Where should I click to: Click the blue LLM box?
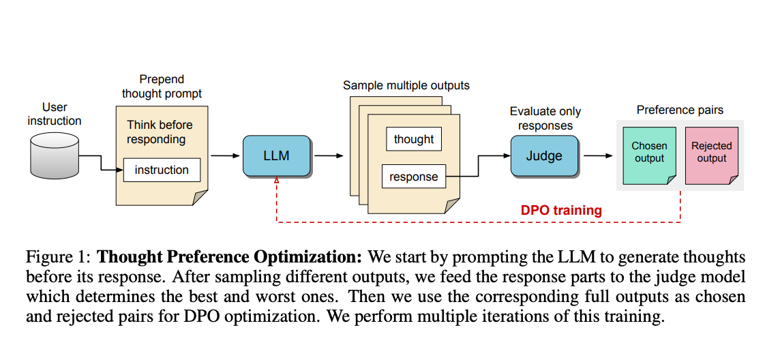(x=277, y=155)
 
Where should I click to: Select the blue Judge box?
(x=544, y=155)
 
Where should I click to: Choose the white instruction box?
(x=162, y=170)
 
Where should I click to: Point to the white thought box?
(x=413, y=139)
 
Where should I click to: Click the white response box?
(x=413, y=177)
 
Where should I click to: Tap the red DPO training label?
(x=560, y=210)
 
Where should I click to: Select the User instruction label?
(x=55, y=114)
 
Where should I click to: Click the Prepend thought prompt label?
(x=162, y=87)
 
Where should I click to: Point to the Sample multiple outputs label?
(x=406, y=85)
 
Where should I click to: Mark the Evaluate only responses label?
(x=545, y=118)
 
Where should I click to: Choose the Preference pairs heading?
(x=680, y=110)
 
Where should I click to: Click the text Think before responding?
(x=160, y=132)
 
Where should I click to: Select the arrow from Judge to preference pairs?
(x=598, y=155)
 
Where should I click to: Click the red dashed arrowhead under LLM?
(x=277, y=180)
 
